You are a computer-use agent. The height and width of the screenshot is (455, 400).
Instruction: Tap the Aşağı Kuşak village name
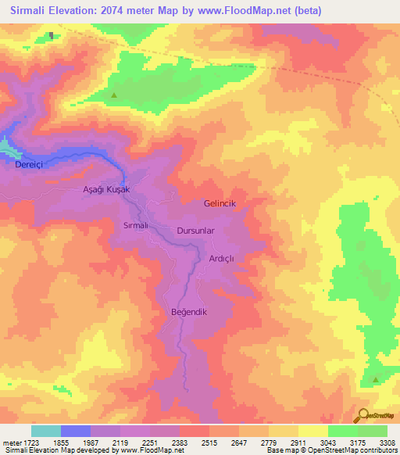pyautogui.click(x=105, y=189)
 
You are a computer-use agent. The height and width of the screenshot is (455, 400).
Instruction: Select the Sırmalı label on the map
pyautogui.click(x=131, y=225)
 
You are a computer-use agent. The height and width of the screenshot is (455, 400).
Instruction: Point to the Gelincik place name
pyautogui.click(x=220, y=202)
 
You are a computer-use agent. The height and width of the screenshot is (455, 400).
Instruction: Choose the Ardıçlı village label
pyautogui.click(x=222, y=258)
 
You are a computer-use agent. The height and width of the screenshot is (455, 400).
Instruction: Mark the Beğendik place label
pyautogui.click(x=187, y=312)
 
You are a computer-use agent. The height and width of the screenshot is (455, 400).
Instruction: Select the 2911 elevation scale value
pyautogui.click(x=297, y=443)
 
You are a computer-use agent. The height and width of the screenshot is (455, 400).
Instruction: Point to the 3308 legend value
pyautogui.click(x=387, y=443)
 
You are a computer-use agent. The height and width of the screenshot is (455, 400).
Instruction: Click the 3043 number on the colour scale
pyautogui.click(x=327, y=443)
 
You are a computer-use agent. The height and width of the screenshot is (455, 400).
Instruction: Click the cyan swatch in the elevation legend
pyautogui.click(x=45, y=431)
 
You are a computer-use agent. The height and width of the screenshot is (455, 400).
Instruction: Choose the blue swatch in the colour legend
pyautogui.click(x=75, y=431)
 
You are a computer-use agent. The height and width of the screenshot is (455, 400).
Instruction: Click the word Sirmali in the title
pyautogui.click(x=35, y=11)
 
